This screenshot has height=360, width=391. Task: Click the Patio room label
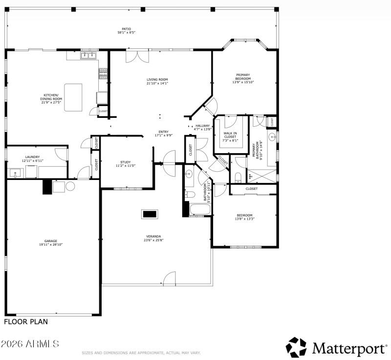tap(126, 28)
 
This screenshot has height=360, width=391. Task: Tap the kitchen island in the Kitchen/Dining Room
tap(73, 97)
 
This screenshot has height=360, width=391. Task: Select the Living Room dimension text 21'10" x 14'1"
tap(157, 83)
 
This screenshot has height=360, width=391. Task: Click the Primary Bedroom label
tap(243, 77)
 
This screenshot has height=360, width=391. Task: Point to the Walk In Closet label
tap(230, 135)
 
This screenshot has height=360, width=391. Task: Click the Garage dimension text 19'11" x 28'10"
tap(51, 244)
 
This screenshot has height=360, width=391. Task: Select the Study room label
tap(125, 162)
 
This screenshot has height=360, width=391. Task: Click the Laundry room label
tap(33, 157)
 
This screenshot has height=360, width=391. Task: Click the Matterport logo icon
tap(296, 347)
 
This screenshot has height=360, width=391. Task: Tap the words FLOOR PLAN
tap(26, 322)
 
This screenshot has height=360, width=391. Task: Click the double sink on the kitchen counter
tap(89, 55)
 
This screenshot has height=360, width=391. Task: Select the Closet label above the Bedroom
tap(251, 188)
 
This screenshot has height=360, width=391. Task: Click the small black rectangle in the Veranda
tap(150, 214)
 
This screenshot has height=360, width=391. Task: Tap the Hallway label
tap(202, 126)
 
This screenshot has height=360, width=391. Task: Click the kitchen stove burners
tap(103, 73)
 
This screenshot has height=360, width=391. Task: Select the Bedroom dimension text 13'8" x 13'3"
tap(244, 219)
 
